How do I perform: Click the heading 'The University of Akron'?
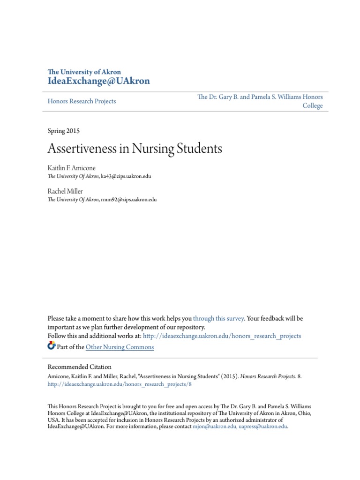(84, 72)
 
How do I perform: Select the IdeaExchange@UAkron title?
(99, 81)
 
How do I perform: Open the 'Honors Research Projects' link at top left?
(82, 101)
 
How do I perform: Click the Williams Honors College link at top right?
(260, 101)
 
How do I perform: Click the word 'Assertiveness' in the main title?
(88, 149)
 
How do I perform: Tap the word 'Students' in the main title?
(199, 149)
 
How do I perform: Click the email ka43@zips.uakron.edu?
(126, 176)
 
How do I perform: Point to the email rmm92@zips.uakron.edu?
(128, 199)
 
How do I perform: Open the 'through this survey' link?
(218, 318)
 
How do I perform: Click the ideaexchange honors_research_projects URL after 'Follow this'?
(222, 336)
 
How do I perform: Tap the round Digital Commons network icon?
(52, 346)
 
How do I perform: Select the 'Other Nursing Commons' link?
(120, 347)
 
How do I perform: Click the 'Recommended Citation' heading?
(80, 367)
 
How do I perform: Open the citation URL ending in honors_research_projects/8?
(120, 384)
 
